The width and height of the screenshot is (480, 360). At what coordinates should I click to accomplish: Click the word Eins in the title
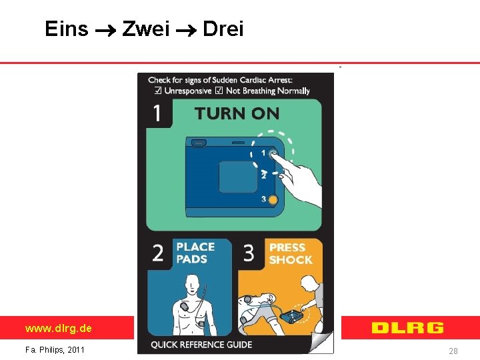coord(67,29)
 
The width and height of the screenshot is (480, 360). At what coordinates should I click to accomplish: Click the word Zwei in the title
coord(146,29)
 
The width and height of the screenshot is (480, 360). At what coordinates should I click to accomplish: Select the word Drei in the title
coord(223,29)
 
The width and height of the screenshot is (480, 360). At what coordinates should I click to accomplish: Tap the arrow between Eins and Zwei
coord(105,30)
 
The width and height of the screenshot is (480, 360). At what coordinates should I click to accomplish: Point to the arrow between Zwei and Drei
coord(186,30)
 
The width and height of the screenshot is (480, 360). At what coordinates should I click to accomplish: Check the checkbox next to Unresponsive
coord(158,90)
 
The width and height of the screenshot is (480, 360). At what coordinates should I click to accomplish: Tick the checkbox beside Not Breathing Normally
coord(219,90)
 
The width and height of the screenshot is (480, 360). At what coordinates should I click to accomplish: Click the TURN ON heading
coord(237,113)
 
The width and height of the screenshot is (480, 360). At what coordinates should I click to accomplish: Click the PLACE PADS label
coord(195,253)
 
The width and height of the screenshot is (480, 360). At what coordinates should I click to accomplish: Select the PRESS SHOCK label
coord(291,253)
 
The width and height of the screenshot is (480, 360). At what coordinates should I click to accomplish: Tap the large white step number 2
coord(157,253)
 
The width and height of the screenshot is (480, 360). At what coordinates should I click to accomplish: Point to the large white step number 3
coord(249,253)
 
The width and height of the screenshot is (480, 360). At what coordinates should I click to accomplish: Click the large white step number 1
coord(157,113)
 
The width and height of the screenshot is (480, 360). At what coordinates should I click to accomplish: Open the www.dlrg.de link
coord(59,328)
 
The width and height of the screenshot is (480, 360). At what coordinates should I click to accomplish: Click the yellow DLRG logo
coord(407,327)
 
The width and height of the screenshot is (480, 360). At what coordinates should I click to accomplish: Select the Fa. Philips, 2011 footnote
coord(55,349)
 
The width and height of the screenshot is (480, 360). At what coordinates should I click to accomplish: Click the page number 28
coord(453,351)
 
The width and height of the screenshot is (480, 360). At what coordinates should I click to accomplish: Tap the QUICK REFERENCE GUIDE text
coord(201,345)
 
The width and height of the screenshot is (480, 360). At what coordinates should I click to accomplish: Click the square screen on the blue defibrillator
coord(238,177)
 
